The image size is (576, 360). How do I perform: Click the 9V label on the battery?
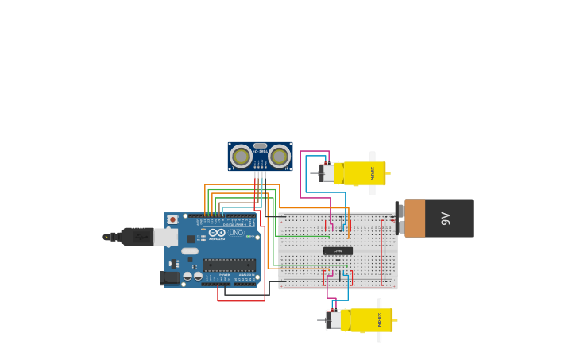pos(446,219)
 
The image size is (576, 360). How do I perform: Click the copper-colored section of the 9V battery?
pos(415,219)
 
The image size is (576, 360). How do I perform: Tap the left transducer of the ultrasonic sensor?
pos(241,156)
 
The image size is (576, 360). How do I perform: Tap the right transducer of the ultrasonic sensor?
pos(279,156)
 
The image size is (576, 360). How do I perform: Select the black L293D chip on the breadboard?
pos(338,251)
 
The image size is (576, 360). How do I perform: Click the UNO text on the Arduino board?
pos(236,233)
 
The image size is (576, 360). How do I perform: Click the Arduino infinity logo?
pos(216,233)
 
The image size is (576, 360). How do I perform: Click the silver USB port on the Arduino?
pos(166,237)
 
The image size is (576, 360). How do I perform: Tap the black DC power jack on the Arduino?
pos(169,277)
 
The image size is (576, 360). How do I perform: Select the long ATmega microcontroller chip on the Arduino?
pos(229,265)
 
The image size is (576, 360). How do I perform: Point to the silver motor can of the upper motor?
pos(327,173)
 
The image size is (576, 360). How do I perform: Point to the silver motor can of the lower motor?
pos(334,320)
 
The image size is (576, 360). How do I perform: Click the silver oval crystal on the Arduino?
pos(190,251)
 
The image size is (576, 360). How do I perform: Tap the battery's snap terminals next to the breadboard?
pos(399,218)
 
